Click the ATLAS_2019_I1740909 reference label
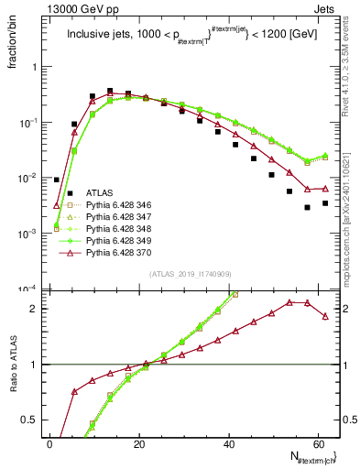pos(190,273)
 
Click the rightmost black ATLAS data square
pos(325,202)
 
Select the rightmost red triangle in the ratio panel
pos(325,316)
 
